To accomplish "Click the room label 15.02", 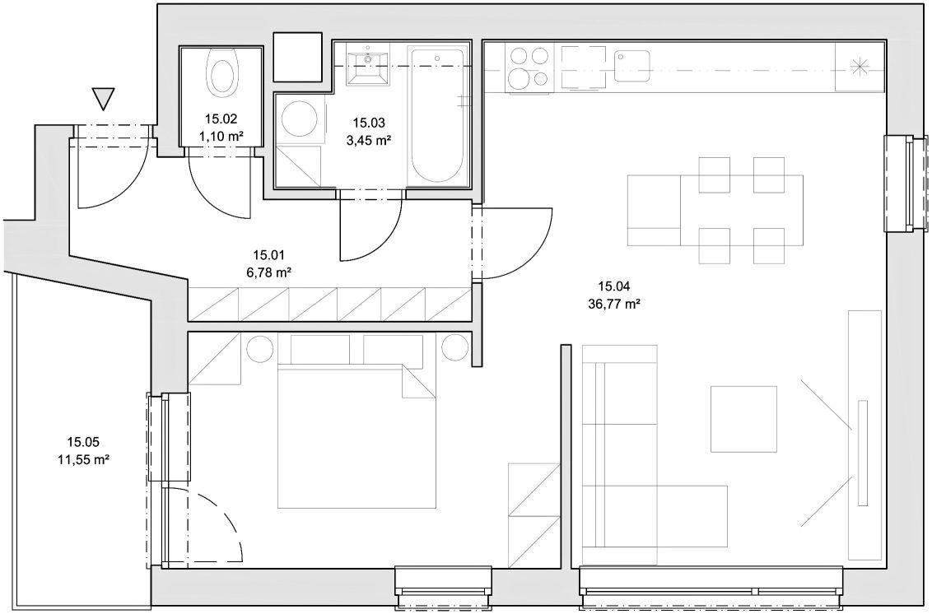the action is click(x=221, y=119).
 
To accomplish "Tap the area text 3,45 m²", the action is click(x=369, y=141).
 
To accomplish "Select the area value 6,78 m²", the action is click(x=268, y=272).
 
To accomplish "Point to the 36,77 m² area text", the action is click(x=614, y=305).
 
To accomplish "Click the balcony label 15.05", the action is click(x=83, y=442).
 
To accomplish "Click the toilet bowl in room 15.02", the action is click(x=221, y=73).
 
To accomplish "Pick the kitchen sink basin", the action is click(x=631, y=66).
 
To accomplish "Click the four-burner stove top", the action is click(x=528, y=67).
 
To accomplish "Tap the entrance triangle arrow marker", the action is click(x=104, y=99).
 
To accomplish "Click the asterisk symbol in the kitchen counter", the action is click(x=859, y=67).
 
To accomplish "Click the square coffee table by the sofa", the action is click(x=743, y=418).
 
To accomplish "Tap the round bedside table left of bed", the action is click(x=259, y=348).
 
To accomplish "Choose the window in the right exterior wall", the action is click(x=906, y=183).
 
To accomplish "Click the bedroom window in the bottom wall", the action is click(x=444, y=589).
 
